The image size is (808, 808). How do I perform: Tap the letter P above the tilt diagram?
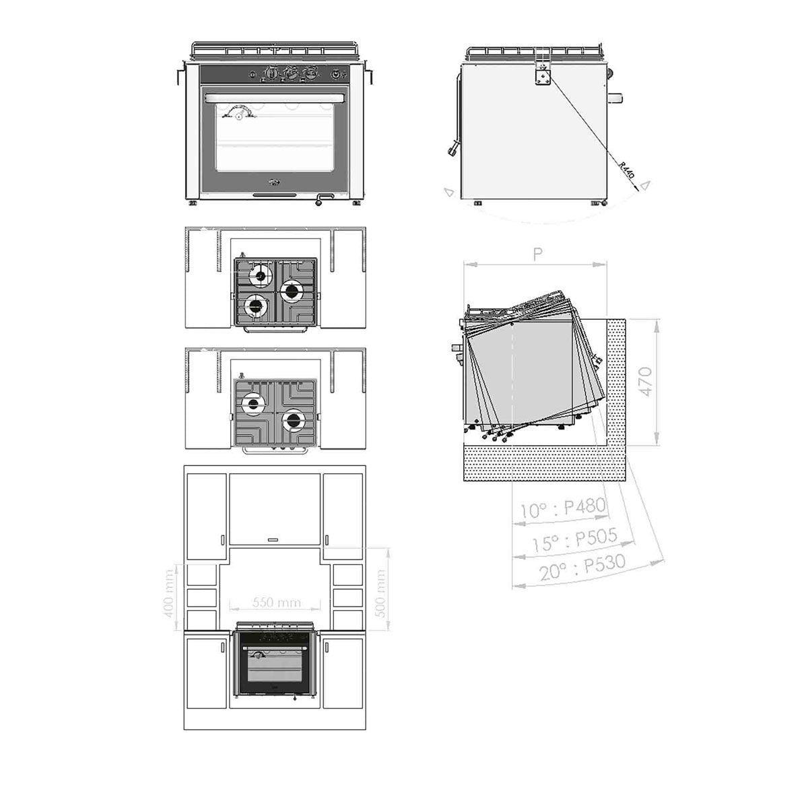[537, 254]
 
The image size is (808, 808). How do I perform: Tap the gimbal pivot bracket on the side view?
[543, 76]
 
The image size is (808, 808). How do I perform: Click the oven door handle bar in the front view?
[281, 99]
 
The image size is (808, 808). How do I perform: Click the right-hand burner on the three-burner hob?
[292, 291]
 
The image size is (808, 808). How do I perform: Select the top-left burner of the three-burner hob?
[259, 275]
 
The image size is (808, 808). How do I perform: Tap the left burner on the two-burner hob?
[253, 405]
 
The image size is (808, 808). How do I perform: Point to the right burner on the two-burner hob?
[292, 421]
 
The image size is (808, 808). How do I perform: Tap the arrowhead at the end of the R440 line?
[644, 183]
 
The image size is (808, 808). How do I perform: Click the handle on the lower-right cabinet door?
[327, 648]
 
